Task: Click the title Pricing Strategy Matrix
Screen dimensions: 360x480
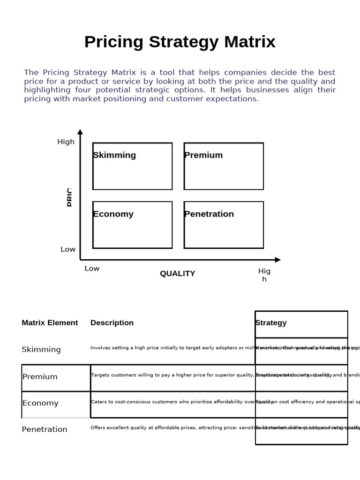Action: (180, 42)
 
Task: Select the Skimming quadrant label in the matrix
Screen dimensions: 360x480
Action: (114, 155)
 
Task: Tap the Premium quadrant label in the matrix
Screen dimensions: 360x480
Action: (203, 155)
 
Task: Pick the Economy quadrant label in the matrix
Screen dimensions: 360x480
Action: (113, 214)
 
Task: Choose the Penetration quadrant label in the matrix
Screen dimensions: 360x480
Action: (209, 214)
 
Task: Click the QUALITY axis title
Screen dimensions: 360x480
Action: (177, 274)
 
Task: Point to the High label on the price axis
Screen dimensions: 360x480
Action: (66, 142)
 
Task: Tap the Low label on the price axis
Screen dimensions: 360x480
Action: (68, 249)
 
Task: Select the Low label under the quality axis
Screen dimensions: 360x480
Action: (92, 269)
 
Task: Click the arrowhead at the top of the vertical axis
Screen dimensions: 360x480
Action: (80, 132)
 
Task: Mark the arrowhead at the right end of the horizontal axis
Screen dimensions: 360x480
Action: (277, 260)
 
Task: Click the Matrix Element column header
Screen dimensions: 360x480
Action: (50, 322)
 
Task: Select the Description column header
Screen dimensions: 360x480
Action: (112, 322)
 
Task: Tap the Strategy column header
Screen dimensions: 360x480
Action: (271, 322)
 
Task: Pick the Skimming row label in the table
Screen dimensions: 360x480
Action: (41, 350)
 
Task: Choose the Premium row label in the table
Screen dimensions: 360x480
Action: (40, 377)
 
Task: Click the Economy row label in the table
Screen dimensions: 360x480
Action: (40, 403)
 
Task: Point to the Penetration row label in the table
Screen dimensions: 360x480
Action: (45, 429)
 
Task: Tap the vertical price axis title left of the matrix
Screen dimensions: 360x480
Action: (69, 197)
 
